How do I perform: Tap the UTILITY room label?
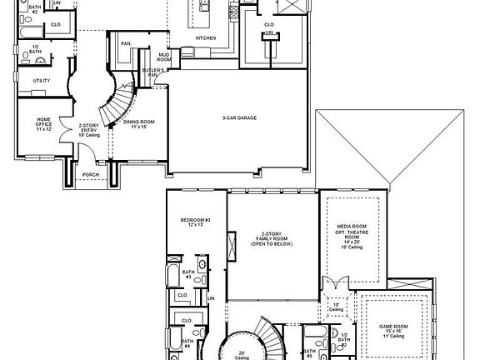pyautogui.click(x=42, y=81)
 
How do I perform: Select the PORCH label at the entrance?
pyautogui.click(x=90, y=174)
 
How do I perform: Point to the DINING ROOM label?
pyautogui.click(x=138, y=122)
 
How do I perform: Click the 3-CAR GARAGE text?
pyautogui.click(x=239, y=118)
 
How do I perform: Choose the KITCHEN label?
pyautogui.click(x=206, y=38)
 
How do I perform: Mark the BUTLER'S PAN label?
pyautogui.click(x=152, y=72)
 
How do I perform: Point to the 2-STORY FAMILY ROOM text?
pyautogui.click(x=272, y=242)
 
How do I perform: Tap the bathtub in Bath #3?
pyautogui.click(x=171, y=277)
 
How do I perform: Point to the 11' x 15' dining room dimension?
pyautogui.click(x=138, y=127)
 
